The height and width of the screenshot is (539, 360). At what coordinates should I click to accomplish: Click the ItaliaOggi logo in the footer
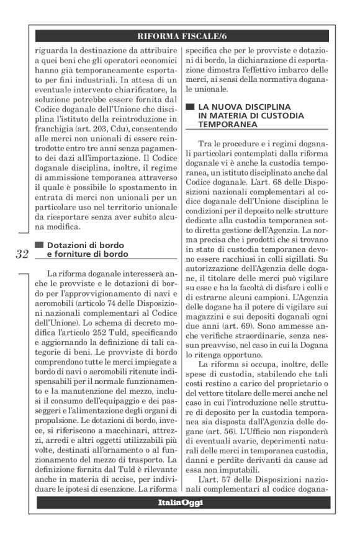pyautogui.click(x=181, y=502)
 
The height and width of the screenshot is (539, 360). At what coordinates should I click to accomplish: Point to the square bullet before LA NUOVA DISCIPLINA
pyautogui.click(x=189, y=107)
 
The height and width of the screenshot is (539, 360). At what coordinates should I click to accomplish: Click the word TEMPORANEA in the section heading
pyautogui.click(x=225, y=125)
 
